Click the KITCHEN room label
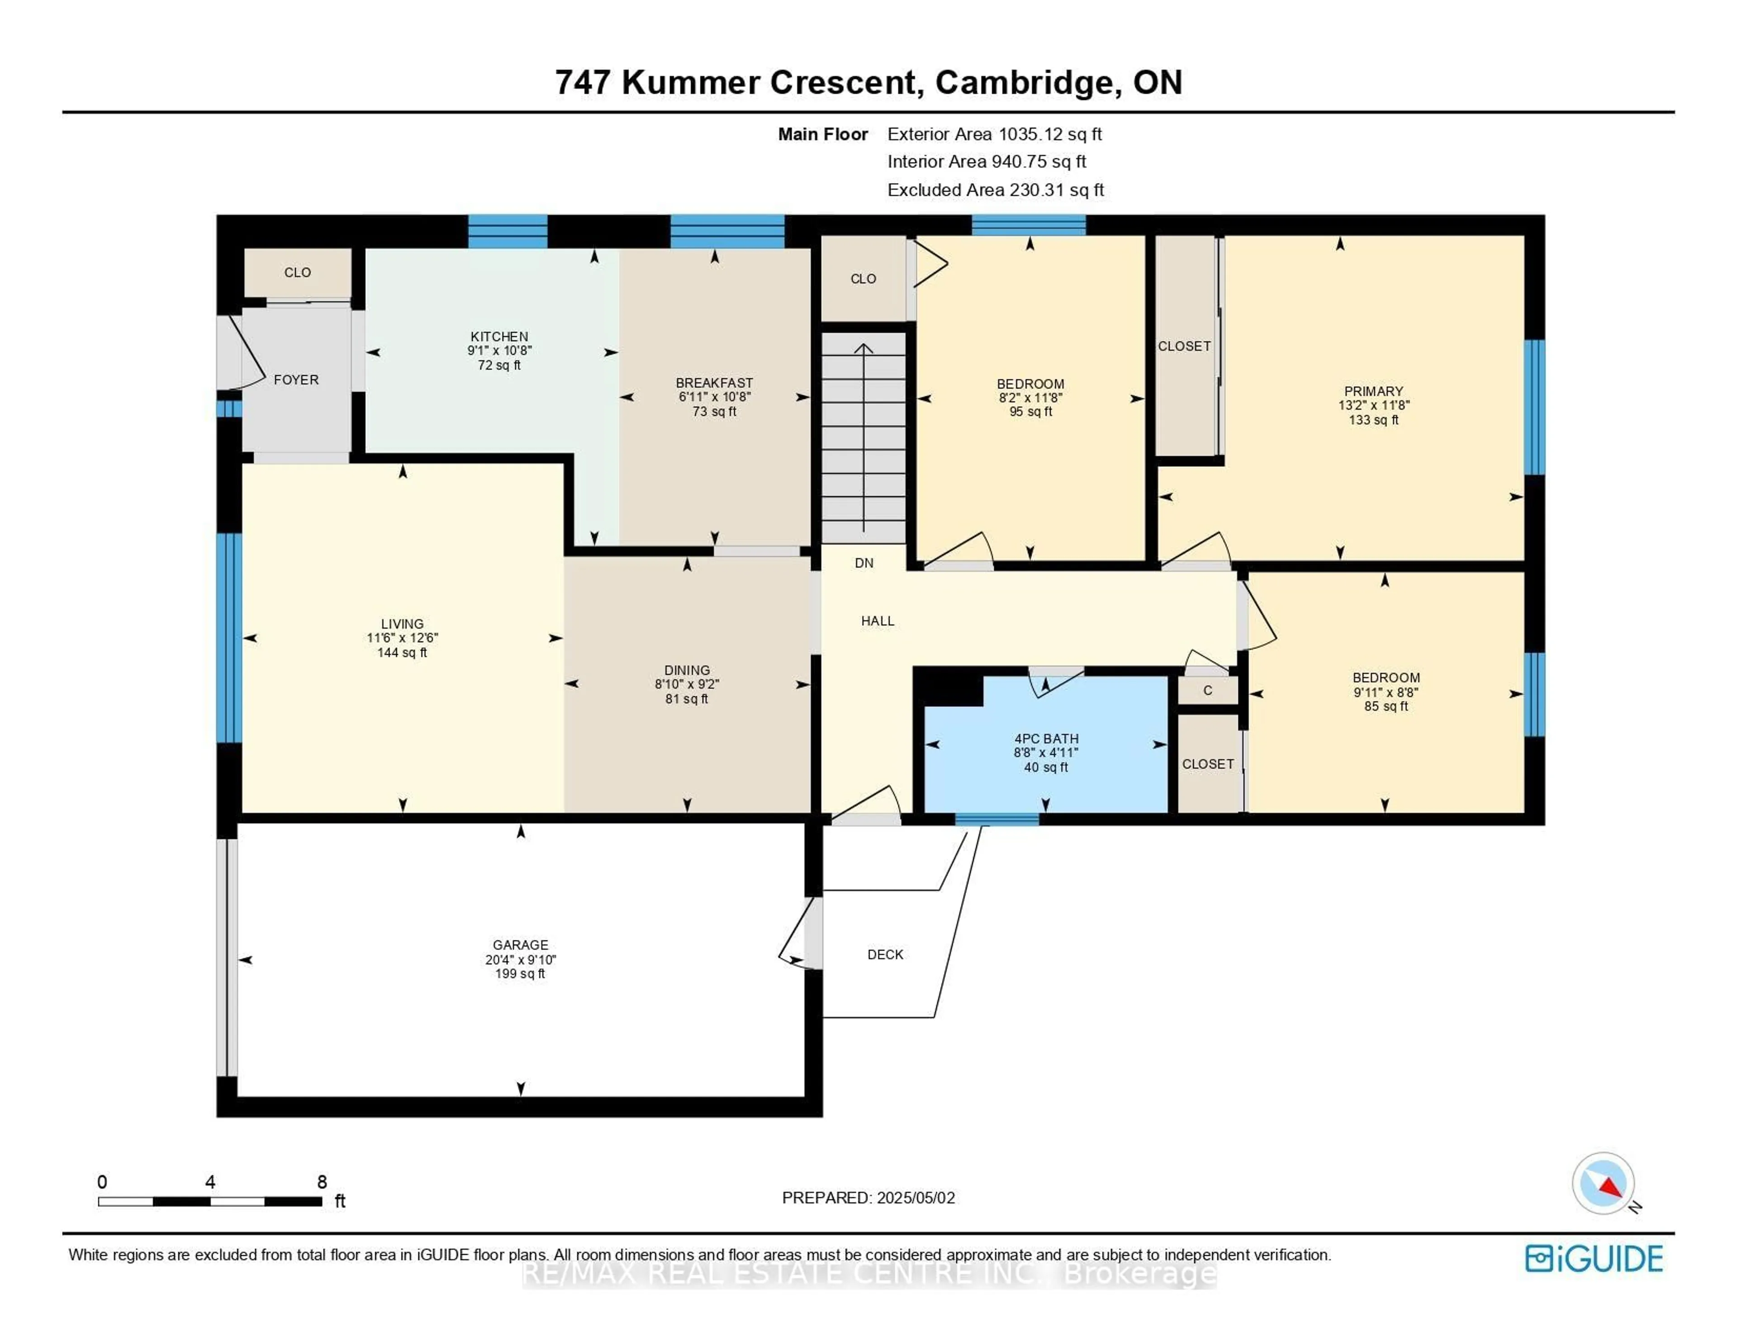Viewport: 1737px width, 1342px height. (498, 337)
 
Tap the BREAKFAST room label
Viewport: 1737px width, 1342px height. (714, 383)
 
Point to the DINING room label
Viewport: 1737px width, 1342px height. (687, 670)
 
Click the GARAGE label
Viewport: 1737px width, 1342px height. (520, 945)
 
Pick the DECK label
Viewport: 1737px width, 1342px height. (885, 954)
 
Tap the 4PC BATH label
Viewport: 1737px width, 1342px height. (1046, 738)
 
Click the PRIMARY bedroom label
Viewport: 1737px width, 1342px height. (1373, 391)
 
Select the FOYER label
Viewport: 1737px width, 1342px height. (296, 379)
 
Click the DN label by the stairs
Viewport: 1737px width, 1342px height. (864, 563)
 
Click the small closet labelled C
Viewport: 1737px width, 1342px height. (1207, 691)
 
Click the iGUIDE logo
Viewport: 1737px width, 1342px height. (1594, 1258)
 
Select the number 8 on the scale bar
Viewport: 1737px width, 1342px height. (322, 1182)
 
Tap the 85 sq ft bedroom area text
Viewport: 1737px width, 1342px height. (1386, 707)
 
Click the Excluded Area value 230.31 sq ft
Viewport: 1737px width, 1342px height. (1056, 190)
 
